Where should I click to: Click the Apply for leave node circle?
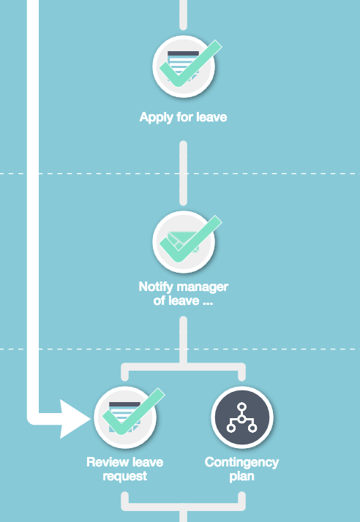pyautogui.click(x=184, y=67)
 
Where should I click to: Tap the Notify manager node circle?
pyautogui.click(x=184, y=242)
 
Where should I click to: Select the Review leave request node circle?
pyautogui.click(x=125, y=417)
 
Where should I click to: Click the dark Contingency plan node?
pyautogui.click(x=242, y=417)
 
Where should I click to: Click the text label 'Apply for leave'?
pyautogui.click(x=184, y=117)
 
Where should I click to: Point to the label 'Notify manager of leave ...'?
pyautogui.click(x=184, y=293)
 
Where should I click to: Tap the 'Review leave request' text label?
pyautogui.click(x=124, y=469)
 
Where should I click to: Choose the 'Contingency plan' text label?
pyautogui.click(x=241, y=469)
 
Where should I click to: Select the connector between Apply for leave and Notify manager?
pyautogui.click(x=183, y=173)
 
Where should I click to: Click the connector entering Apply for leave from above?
pyautogui.click(x=183, y=15)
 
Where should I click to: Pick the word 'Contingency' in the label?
pyautogui.click(x=241, y=462)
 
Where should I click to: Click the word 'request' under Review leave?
pyautogui.click(x=124, y=477)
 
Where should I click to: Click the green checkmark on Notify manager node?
pyautogui.click(x=190, y=239)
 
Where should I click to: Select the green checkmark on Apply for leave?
pyautogui.click(x=190, y=64)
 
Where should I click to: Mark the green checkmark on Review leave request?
pyautogui.click(x=133, y=412)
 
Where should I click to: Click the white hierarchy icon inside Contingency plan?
pyautogui.click(x=242, y=417)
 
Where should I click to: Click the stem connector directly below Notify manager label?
pyautogui.click(x=183, y=339)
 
